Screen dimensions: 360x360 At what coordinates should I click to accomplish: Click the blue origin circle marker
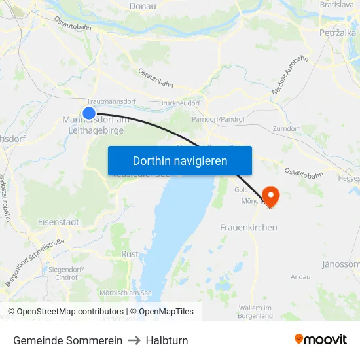click(89, 113)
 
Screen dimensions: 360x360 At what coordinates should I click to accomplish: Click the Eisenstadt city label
click(58, 222)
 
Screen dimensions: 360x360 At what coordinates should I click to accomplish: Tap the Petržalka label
click(338, 32)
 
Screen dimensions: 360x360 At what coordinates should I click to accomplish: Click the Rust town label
click(130, 253)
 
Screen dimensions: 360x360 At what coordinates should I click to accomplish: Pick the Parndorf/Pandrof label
click(218, 120)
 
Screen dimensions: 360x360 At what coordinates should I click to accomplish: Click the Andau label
click(300, 277)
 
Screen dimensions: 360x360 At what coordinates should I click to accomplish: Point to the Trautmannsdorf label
click(111, 102)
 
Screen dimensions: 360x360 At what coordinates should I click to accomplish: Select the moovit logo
click(320, 340)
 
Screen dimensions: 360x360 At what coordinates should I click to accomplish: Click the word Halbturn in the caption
click(166, 340)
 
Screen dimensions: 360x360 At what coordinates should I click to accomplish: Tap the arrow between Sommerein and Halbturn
click(134, 340)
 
